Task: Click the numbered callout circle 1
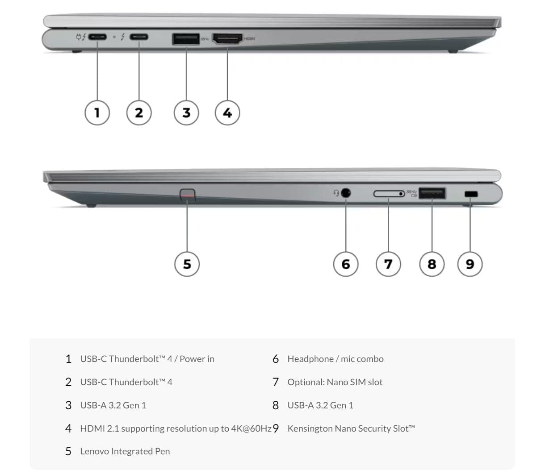pyautogui.click(x=97, y=112)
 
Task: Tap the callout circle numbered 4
pyautogui.click(x=227, y=112)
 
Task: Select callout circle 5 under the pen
pyautogui.click(x=187, y=264)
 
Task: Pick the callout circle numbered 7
pyautogui.click(x=388, y=264)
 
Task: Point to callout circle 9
pyautogui.click(x=470, y=264)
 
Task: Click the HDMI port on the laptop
pyautogui.click(x=227, y=39)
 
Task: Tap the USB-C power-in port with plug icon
pyautogui.click(x=97, y=37)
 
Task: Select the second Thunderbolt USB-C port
pyautogui.click(x=138, y=37)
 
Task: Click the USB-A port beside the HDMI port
pyautogui.click(x=186, y=39)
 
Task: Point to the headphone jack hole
pyautogui.click(x=346, y=192)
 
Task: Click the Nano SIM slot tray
pyautogui.click(x=389, y=193)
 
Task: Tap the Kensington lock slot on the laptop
pyautogui.click(x=471, y=194)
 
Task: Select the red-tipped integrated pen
pyautogui.click(x=188, y=195)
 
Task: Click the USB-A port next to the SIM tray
pyautogui.click(x=432, y=193)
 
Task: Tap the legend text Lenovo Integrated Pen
pyautogui.click(x=125, y=451)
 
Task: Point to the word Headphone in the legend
pyautogui.click(x=310, y=359)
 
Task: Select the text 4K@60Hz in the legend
pyautogui.click(x=251, y=428)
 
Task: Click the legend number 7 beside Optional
pyautogui.click(x=276, y=382)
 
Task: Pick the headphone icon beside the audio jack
pyautogui.click(x=336, y=192)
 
